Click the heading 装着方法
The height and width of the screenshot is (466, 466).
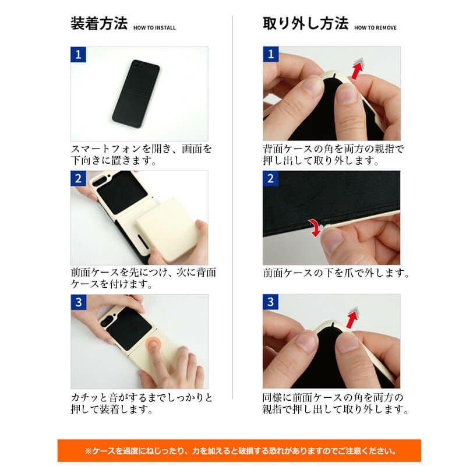click(98, 24)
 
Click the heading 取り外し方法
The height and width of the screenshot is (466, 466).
click(305, 24)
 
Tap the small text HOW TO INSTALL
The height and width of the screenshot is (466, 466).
click(154, 27)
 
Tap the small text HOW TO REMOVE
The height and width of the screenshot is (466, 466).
click(375, 27)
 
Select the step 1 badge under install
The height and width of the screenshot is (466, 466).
click(77, 55)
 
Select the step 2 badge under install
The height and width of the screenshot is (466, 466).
click(77, 178)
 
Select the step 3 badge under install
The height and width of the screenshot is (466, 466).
click(77, 302)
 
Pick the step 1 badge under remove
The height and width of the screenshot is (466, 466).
click(270, 55)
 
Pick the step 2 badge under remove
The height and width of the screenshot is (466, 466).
click(270, 178)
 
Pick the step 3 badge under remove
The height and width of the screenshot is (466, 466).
click(270, 302)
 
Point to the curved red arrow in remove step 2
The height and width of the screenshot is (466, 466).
click(316, 228)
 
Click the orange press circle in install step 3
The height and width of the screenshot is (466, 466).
click(154, 345)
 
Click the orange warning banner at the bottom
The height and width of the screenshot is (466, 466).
click(239, 450)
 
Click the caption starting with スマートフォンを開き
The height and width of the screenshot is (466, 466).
click(142, 154)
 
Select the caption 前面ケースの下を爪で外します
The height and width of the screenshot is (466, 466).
click(336, 273)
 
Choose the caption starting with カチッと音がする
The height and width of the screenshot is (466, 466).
click(142, 403)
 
